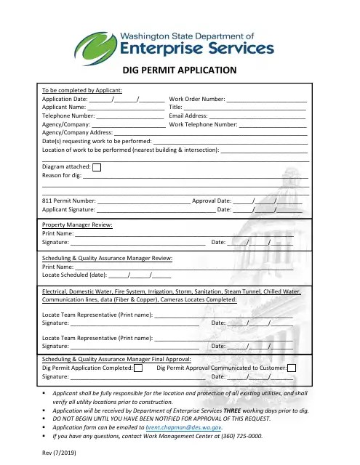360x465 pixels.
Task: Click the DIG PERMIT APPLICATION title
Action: click(180, 70)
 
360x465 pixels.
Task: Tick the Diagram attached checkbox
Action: click(97, 166)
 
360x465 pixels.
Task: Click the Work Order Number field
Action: click(266, 98)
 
